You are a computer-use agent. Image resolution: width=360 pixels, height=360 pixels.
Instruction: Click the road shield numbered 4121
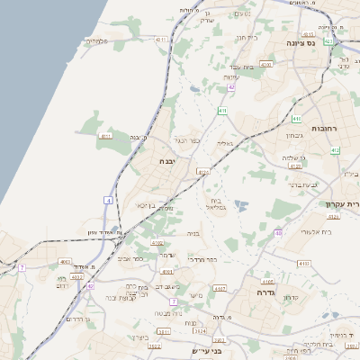point(202,172)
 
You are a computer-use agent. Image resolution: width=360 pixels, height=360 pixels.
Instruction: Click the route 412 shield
point(334,148)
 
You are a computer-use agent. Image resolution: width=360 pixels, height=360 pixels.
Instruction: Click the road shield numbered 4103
point(303,264)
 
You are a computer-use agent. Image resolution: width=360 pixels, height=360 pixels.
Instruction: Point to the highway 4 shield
point(109,200)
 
